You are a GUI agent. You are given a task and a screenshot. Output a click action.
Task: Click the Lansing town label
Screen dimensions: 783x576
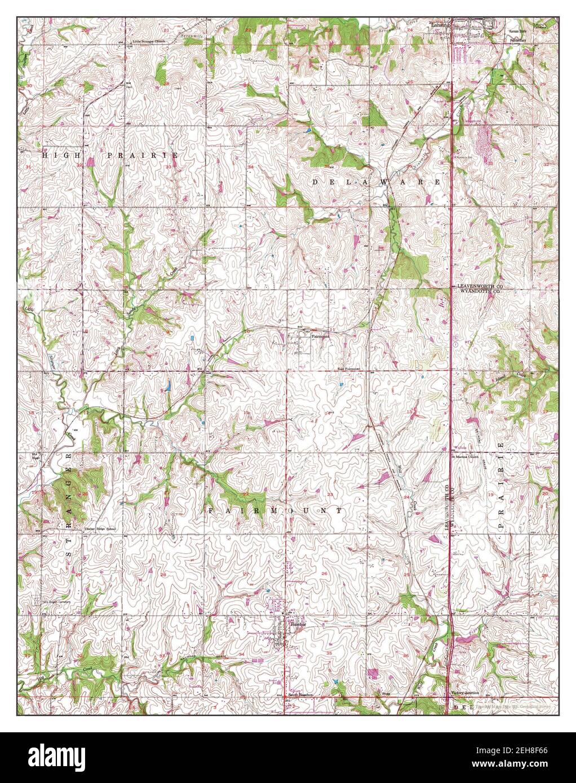point(442,25)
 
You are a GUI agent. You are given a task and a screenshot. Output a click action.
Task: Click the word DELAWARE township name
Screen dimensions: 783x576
point(376,183)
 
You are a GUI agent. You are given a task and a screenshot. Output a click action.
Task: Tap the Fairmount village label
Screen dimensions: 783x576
point(320,336)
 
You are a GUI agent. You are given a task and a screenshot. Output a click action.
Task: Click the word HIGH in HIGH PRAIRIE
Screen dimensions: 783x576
point(62,154)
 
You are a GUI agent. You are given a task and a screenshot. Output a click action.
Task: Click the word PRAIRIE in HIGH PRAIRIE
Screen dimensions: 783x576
point(143,154)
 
